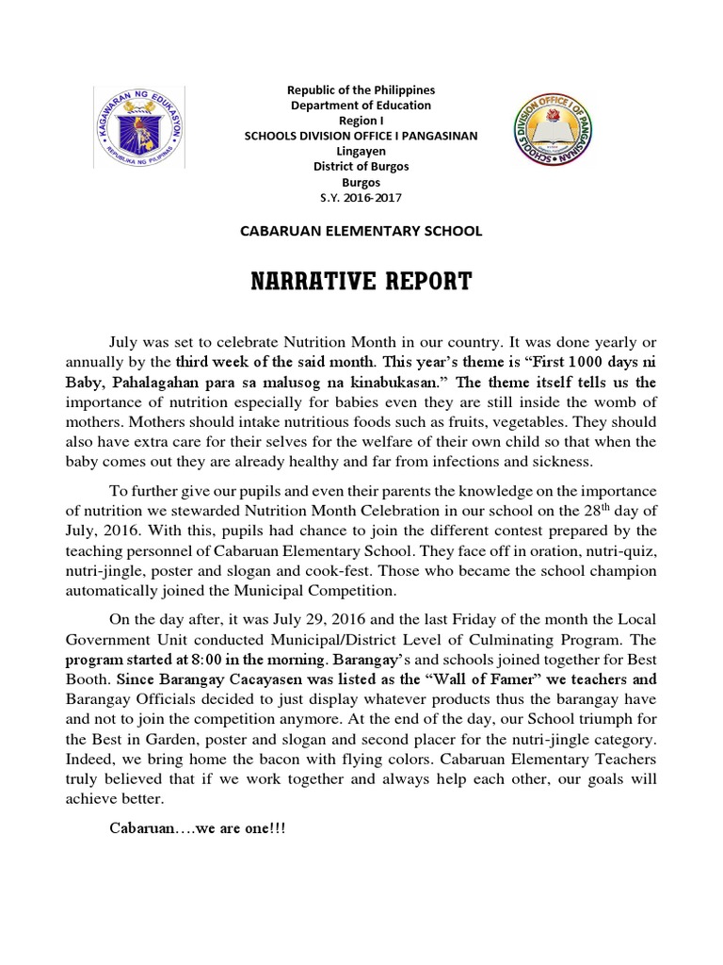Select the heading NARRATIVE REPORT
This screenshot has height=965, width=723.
click(361, 282)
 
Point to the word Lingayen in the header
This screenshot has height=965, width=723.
click(361, 151)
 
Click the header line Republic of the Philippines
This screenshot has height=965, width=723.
click(361, 90)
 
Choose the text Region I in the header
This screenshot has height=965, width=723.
click(361, 121)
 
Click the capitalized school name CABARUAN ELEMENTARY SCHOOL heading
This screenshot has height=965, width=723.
click(361, 230)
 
